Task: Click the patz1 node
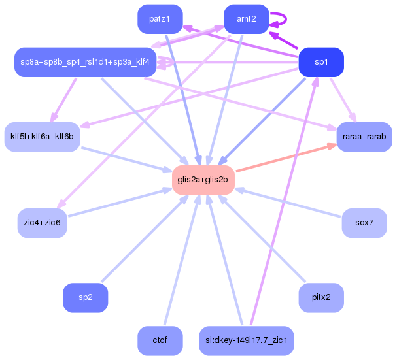tap(160, 19)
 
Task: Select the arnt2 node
tap(246, 19)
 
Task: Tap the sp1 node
tap(320, 63)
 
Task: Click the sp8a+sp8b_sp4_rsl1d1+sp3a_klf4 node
tap(84, 63)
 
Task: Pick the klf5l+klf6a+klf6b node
tap(42, 137)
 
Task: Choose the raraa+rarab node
tap(364, 137)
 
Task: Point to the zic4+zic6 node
tap(42, 223)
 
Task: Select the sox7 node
tap(364, 223)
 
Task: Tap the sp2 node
tap(85, 297)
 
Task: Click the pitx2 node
tap(320, 297)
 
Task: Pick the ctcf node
tap(160, 340)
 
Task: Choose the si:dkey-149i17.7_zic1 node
tap(246, 340)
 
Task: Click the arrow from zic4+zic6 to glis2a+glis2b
tap(118, 203)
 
